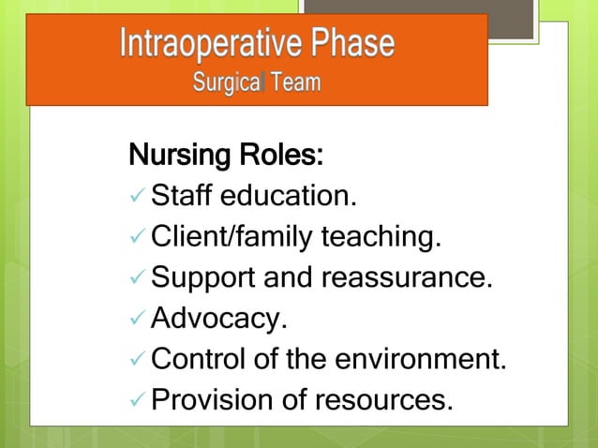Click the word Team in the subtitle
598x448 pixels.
coord(295,83)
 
